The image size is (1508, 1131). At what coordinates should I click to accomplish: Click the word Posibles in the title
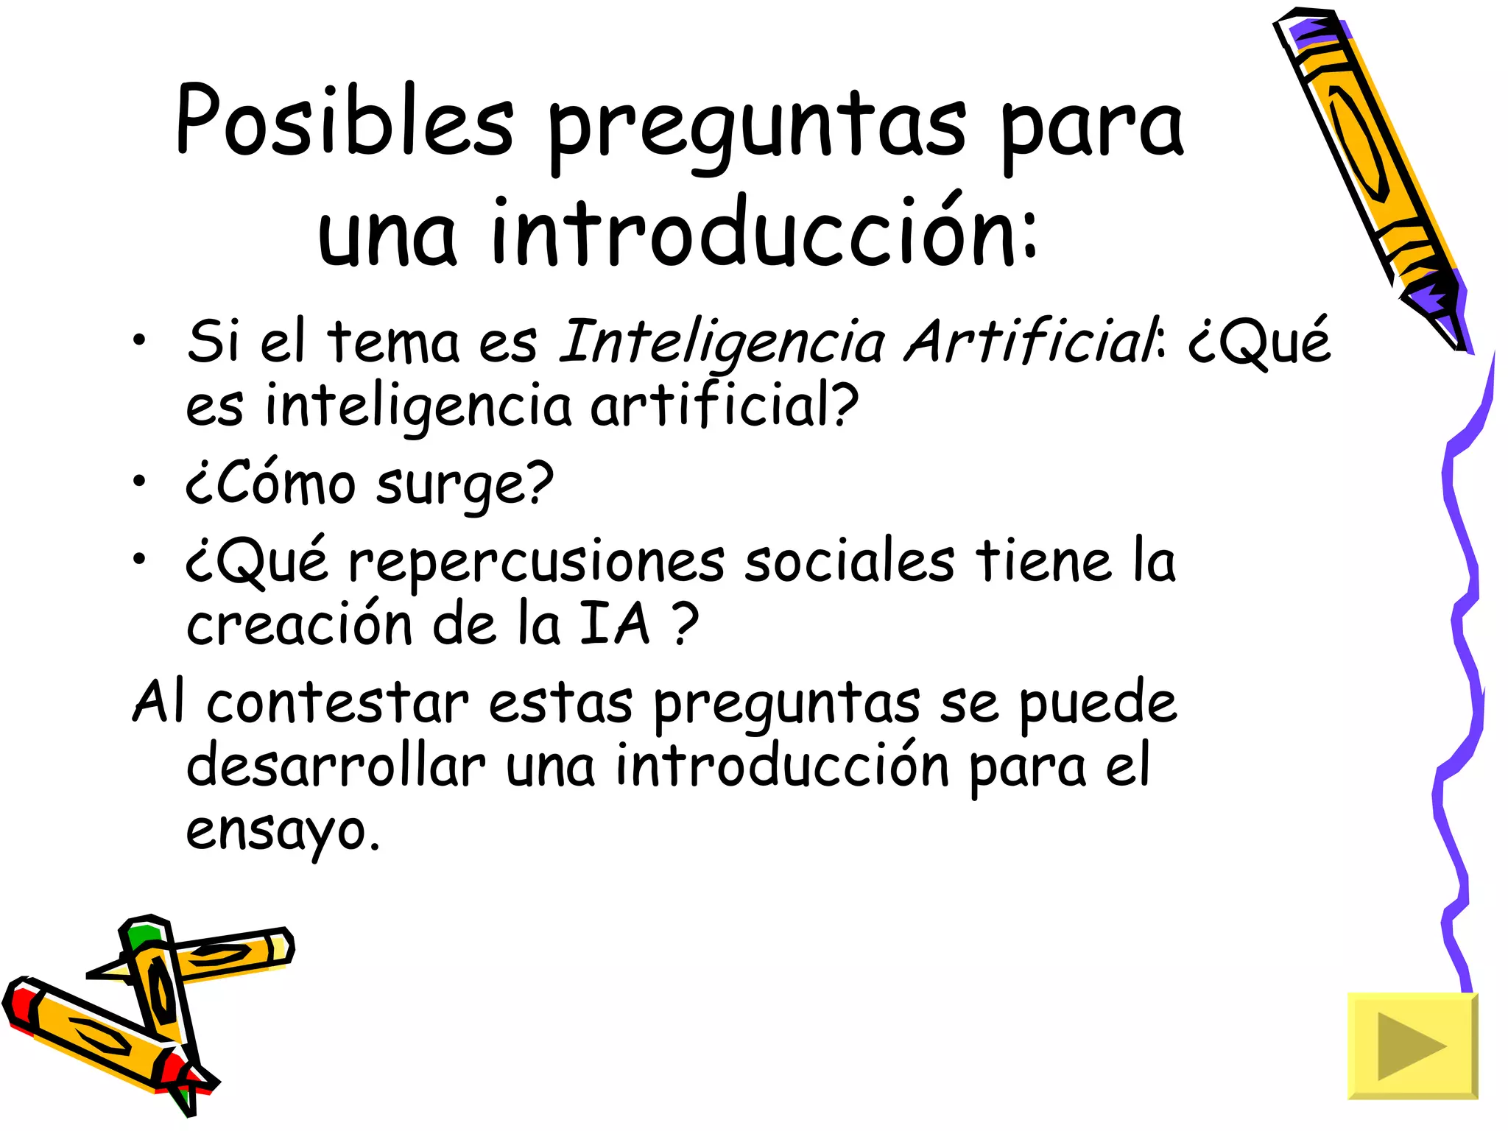point(345,121)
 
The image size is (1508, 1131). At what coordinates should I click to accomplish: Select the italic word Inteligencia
point(722,342)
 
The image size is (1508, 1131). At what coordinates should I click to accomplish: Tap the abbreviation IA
point(615,624)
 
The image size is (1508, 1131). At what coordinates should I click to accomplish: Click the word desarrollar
point(336,766)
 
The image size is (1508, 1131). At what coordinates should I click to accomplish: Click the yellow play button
point(1412,1046)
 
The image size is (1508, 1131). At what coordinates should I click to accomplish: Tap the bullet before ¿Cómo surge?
point(139,482)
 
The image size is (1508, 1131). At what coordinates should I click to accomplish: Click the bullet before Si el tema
point(139,339)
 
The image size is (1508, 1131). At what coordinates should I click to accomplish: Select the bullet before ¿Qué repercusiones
point(139,559)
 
